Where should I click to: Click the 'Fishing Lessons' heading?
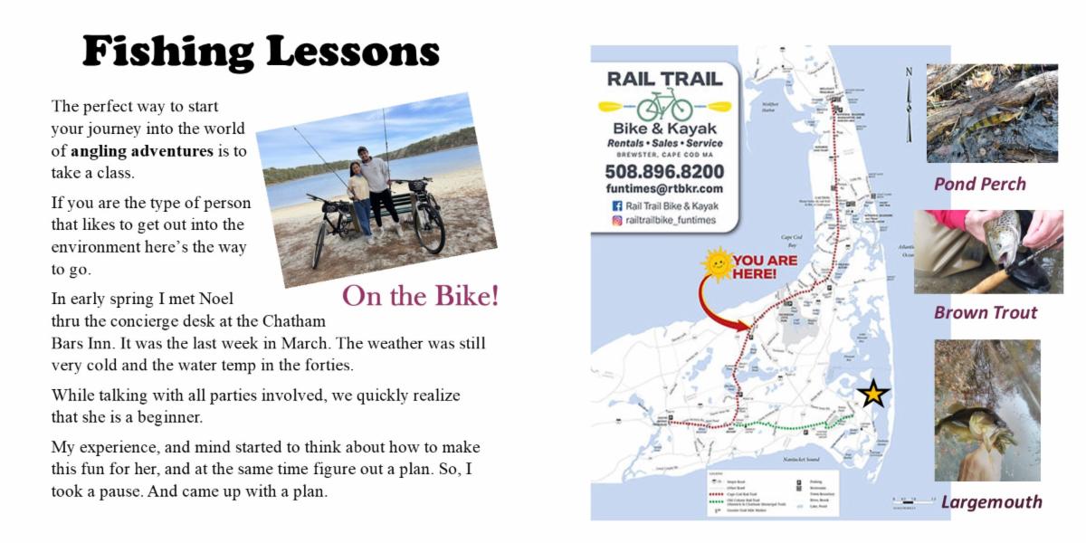(x=261, y=52)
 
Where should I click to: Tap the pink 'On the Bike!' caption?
(x=420, y=296)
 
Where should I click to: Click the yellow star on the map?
(x=872, y=394)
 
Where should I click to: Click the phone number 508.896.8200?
(x=664, y=171)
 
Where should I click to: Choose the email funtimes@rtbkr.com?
(x=664, y=188)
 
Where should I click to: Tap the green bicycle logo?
(x=664, y=105)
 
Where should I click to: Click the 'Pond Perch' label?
(x=980, y=185)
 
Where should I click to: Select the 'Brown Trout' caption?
(x=986, y=313)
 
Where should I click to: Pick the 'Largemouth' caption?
(x=991, y=502)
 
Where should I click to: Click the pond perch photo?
(x=992, y=113)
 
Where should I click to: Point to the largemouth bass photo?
(x=987, y=410)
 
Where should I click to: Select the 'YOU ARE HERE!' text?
(x=765, y=267)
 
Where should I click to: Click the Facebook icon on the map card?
(x=617, y=205)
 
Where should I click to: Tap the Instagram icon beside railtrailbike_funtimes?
(x=617, y=220)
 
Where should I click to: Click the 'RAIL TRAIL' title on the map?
(x=664, y=78)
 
